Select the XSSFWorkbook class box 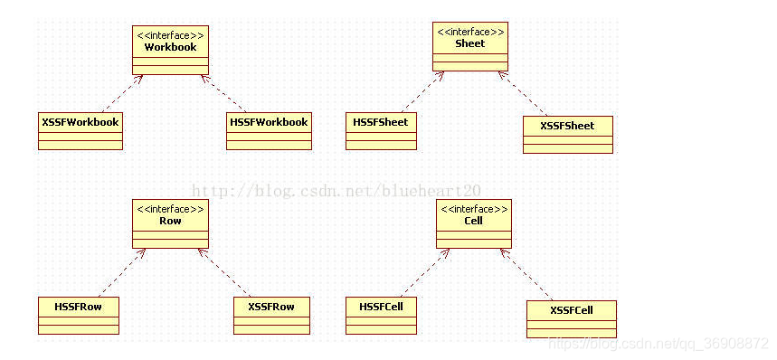pos(80,130)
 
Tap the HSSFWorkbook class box pos(269,130)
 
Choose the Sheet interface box pos(469,46)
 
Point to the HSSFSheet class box pos(381,130)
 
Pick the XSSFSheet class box pos(567,134)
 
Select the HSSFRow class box pos(79,314)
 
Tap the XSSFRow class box pos(271,314)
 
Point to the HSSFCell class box pos(381,314)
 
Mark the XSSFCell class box pos(571,318)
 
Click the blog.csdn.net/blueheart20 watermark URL pos(337,191)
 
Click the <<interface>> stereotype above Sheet pos(469,32)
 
